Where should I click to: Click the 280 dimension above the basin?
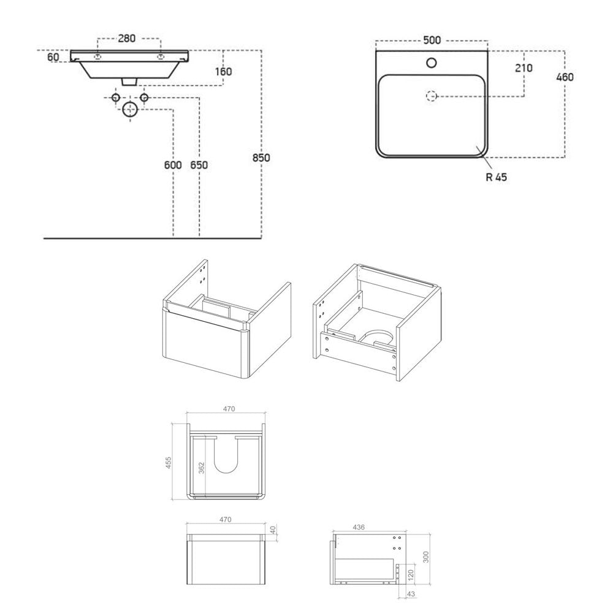click(x=127, y=38)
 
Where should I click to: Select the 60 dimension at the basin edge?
click(x=53, y=57)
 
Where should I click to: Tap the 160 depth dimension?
click(x=223, y=72)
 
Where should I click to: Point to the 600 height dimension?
click(x=173, y=165)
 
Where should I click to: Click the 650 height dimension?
click(x=199, y=165)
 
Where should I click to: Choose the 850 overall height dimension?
click(x=261, y=158)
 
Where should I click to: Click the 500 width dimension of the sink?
click(x=432, y=40)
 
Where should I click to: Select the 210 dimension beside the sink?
click(x=524, y=68)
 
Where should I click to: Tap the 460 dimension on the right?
click(x=565, y=77)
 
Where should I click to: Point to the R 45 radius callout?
click(x=496, y=177)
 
